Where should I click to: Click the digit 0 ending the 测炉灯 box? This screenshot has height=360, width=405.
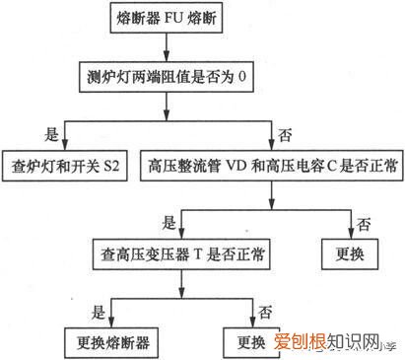pyautogui.click(x=235, y=76)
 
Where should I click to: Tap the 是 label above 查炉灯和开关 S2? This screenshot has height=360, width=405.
pyautogui.click(x=51, y=131)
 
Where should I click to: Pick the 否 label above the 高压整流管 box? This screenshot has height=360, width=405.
pyautogui.click(x=285, y=131)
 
